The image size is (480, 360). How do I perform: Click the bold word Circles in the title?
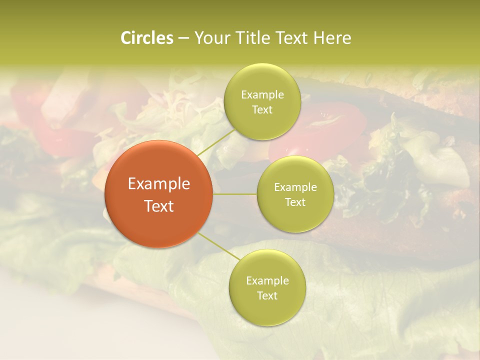coord(146,38)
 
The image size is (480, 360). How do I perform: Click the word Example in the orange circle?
coord(159,184)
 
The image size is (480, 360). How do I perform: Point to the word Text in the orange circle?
coord(159,206)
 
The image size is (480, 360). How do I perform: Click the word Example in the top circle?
coord(262,95)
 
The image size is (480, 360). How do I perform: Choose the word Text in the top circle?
coord(262,110)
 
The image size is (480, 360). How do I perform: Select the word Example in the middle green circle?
coord(295,187)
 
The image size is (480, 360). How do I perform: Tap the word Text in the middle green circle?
coord(295,202)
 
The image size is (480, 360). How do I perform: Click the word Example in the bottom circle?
coord(267,281)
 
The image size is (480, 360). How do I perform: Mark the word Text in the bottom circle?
coord(267,296)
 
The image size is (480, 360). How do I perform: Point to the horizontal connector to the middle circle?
coord(235,194)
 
